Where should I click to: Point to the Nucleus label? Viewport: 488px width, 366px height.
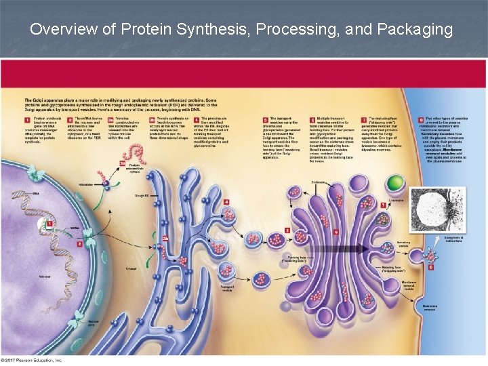[44, 277]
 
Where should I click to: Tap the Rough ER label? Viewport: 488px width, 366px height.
[142, 196]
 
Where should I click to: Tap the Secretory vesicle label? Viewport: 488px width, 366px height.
[404, 243]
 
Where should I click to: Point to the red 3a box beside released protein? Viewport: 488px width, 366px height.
[123, 163]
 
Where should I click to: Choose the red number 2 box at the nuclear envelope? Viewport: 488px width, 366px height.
[80, 243]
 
